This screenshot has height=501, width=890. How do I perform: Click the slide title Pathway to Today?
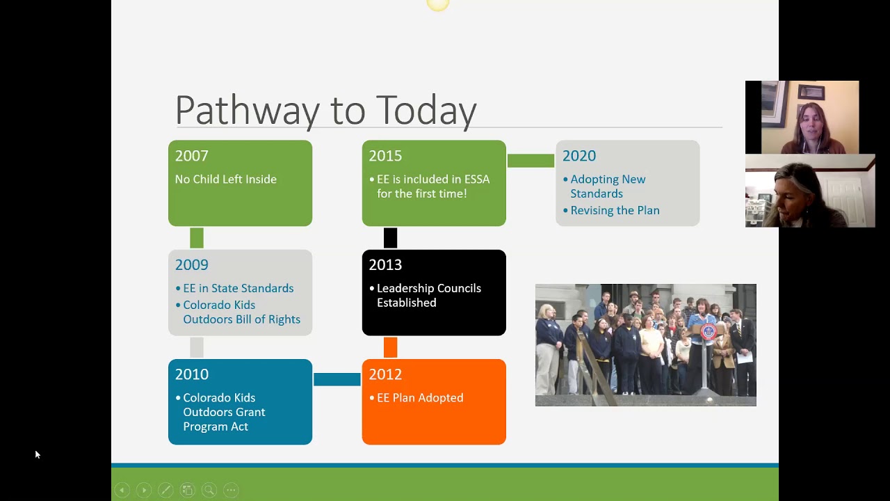point(325,111)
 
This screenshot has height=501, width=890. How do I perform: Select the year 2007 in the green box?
point(191,156)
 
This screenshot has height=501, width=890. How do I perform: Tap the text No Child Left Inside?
point(225,180)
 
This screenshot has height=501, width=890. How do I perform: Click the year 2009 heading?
point(191,265)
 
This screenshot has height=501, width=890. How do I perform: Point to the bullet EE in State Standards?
point(238,288)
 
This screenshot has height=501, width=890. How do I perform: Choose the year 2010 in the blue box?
point(191,374)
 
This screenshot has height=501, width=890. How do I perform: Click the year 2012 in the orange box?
point(385,374)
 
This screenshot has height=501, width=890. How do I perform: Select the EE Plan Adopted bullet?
point(419,398)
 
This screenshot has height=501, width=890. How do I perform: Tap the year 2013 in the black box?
point(385,265)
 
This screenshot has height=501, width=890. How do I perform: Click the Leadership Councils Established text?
point(428,295)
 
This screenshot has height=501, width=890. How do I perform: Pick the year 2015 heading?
point(385,156)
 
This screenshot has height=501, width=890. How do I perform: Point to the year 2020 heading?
point(578,156)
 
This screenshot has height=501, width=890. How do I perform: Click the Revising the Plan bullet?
point(615,210)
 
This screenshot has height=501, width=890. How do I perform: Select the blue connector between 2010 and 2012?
point(337,379)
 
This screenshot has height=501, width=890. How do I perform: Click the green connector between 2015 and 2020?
point(531,161)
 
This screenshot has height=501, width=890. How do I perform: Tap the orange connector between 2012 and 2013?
point(390,347)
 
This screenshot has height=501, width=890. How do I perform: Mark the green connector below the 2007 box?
point(197,238)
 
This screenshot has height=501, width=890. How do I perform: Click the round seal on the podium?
point(708,332)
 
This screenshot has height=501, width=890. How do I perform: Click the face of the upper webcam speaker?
point(807,119)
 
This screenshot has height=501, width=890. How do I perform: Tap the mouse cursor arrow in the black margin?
point(37,454)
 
